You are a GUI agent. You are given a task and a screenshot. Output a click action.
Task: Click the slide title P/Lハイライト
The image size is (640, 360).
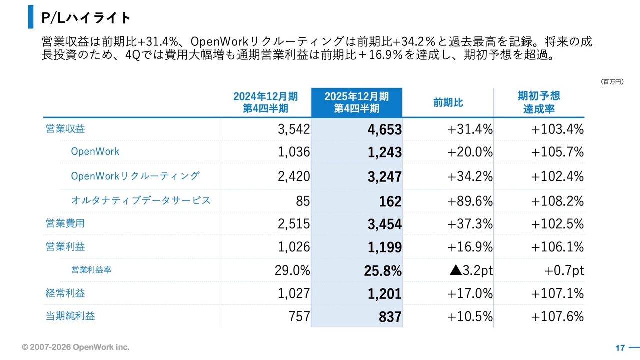click(x=86, y=18)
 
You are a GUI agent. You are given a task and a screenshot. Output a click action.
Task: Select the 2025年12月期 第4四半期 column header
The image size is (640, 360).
click(x=356, y=102)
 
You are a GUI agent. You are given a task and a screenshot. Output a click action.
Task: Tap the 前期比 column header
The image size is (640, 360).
click(x=448, y=103)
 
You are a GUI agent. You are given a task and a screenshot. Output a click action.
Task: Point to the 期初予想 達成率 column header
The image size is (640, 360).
click(x=539, y=102)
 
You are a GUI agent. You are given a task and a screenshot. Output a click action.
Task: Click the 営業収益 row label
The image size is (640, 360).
click(x=65, y=129)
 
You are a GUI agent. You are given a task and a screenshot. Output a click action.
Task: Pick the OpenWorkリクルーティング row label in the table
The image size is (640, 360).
click(x=135, y=176)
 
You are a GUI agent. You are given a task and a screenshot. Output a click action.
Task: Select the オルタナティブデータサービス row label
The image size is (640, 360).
click(x=141, y=200)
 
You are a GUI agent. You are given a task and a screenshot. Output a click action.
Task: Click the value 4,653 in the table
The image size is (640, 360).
click(x=384, y=130)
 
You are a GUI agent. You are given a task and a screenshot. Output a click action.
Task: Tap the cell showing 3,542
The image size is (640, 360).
click(x=294, y=129)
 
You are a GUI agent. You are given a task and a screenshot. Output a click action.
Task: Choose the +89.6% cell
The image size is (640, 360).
click(x=470, y=201)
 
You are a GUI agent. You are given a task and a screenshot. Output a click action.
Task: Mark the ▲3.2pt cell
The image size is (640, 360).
click(x=471, y=270)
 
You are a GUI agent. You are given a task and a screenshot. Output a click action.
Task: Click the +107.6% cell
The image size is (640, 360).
click(x=557, y=317)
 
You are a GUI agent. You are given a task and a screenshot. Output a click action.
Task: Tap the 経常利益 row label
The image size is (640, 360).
click(x=65, y=293)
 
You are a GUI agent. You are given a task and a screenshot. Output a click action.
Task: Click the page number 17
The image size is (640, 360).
click(x=620, y=348)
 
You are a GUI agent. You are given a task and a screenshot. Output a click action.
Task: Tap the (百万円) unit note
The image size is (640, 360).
click(x=612, y=81)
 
